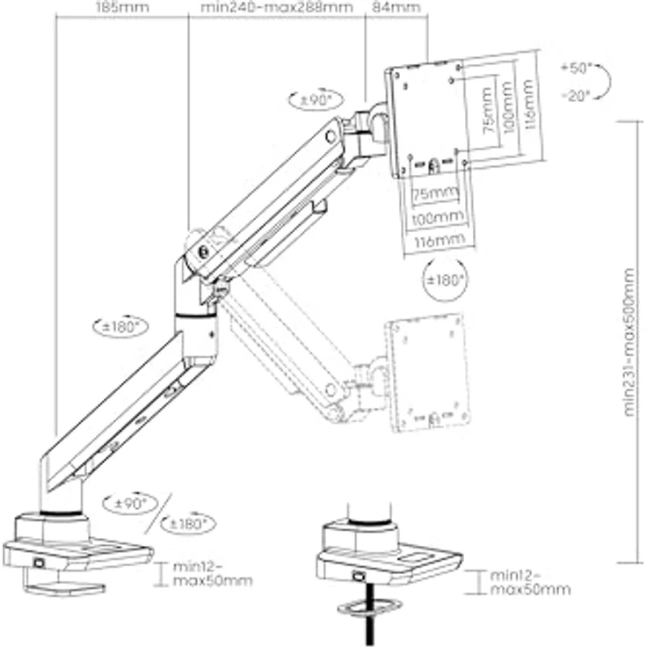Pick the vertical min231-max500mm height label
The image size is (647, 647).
coord(627,344)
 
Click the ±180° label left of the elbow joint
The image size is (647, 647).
coord(120,325)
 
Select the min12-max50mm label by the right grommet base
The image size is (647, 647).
coord(529,581)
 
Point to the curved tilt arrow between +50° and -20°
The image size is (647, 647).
coord(605,82)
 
